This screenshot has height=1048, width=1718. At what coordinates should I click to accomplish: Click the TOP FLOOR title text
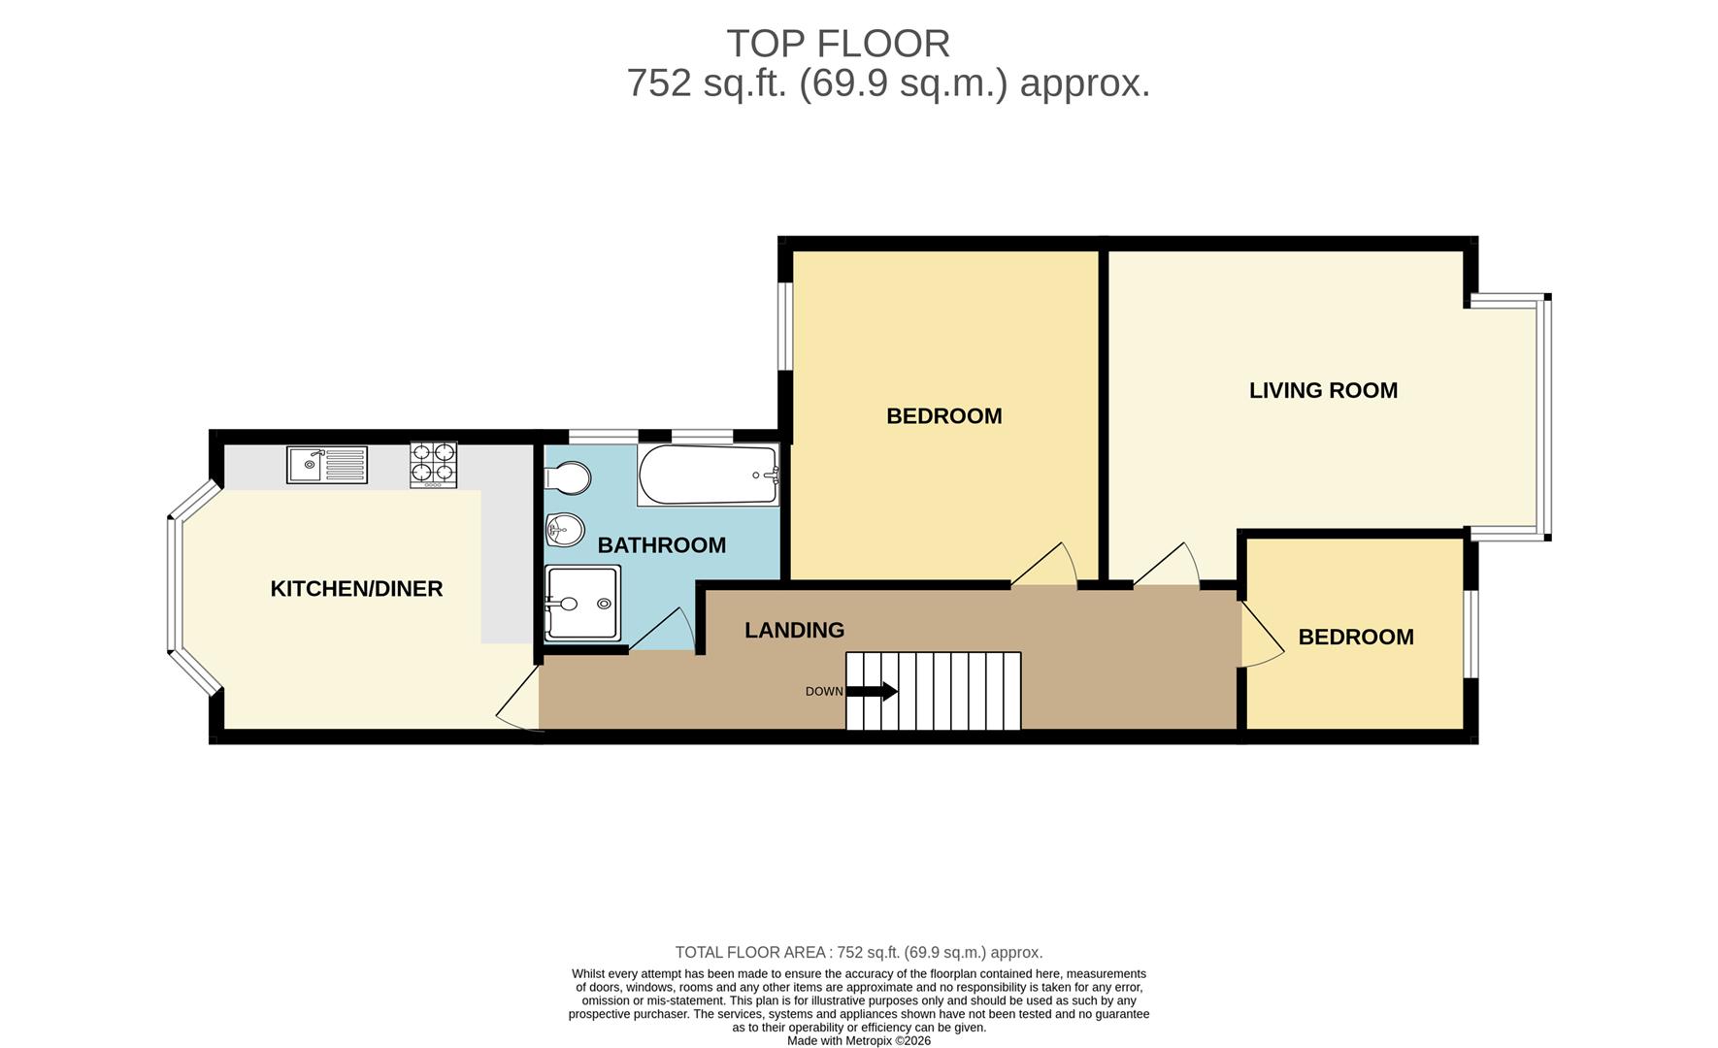click(838, 45)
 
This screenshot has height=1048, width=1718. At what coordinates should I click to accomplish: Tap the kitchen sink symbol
click(327, 465)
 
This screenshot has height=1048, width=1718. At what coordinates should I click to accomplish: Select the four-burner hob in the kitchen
click(433, 464)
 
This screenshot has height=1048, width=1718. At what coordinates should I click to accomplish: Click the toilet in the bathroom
click(570, 477)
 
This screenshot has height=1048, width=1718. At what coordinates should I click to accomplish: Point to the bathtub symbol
click(708, 475)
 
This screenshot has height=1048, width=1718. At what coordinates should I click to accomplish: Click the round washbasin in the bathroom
click(565, 529)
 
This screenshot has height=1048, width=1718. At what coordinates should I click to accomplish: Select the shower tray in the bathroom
click(582, 603)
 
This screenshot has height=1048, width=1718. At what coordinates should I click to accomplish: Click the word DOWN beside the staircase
click(824, 692)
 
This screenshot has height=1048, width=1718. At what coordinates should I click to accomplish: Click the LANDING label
click(794, 631)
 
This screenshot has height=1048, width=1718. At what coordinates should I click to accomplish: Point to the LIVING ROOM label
click(1323, 391)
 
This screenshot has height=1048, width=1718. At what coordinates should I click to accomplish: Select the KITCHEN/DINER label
click(356, 589)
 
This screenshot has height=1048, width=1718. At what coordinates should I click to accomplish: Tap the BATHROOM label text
click(661, 545)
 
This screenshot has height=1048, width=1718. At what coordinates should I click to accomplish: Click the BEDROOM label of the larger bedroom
click(943, 416)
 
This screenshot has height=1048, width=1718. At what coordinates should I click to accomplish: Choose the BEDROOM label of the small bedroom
click(1355, 638)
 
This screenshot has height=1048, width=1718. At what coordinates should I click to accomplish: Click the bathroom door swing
click(666, 631)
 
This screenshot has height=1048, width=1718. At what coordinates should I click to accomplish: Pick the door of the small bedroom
click(1259, 636)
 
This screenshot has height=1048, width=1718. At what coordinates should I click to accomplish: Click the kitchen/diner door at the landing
click(520, 701)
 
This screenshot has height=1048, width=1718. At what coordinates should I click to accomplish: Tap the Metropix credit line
click(858, 1040)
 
